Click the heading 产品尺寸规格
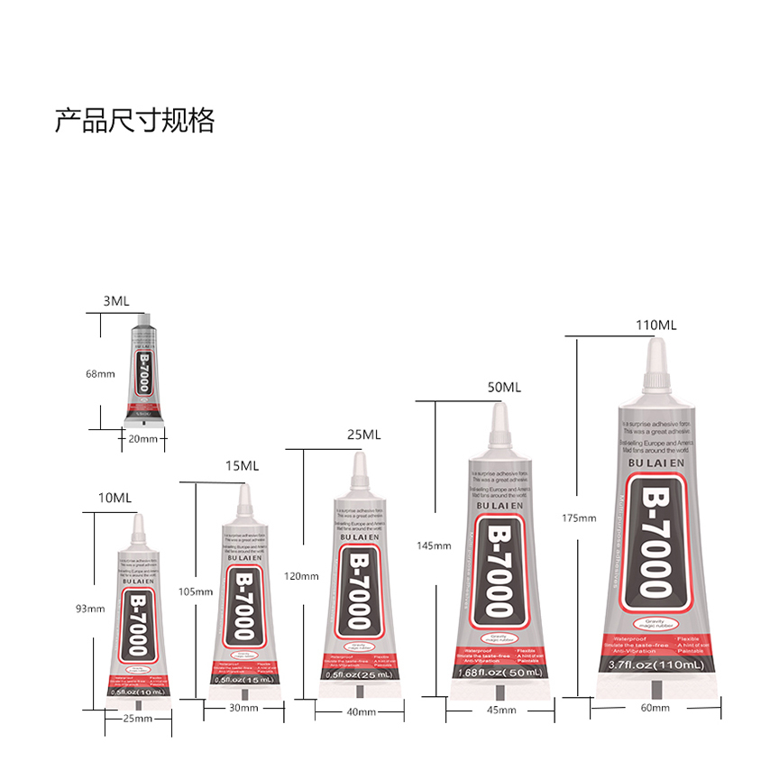[134, 120]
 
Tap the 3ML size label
[115, 301]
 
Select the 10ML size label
[115, 498]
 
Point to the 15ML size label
[242, 465]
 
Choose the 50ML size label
[505, 387]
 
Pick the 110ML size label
[655, 325]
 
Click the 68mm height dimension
[100, 373]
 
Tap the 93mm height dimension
[90, 609]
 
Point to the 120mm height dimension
[301, 576]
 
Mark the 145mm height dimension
[434, 545]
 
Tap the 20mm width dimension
[143, 439]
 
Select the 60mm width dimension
[655, 708]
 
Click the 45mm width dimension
[501, 710]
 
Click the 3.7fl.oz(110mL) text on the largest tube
[655, 665]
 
